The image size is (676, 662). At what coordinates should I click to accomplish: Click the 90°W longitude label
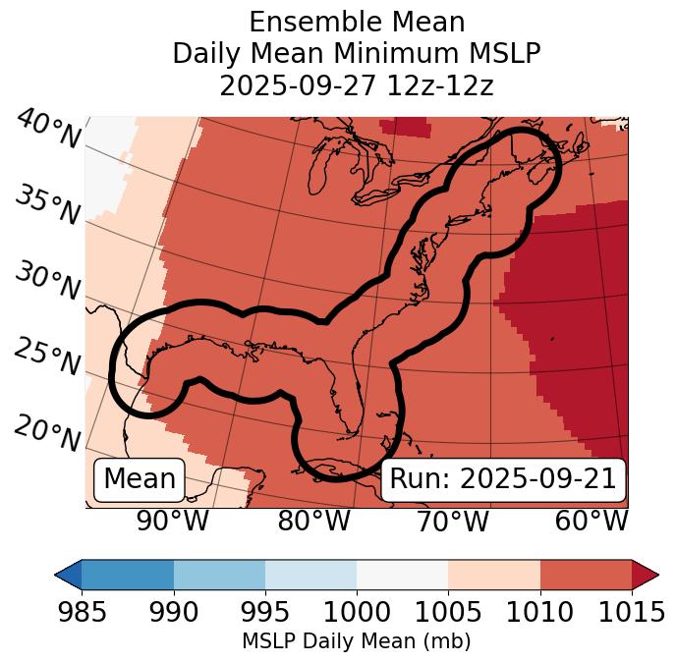click(173, 522)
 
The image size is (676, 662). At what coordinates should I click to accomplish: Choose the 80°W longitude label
click(314, 522)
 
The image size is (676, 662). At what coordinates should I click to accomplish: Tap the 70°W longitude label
click(452, 522)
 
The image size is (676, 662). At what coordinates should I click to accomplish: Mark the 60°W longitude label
click(591, 522)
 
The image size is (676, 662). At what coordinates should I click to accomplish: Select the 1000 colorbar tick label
click(357, 613)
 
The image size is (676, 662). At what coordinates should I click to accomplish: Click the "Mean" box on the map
click(140, 479)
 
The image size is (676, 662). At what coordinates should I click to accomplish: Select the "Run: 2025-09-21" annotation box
click(503, 479)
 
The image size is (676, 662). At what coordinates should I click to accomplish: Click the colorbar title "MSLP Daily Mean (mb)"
click(356, 642)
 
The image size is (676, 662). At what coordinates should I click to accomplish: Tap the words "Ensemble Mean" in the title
click(356, 22)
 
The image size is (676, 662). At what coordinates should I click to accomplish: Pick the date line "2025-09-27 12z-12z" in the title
click(356, 85)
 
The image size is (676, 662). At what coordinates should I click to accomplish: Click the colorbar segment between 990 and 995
click(219, 575)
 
